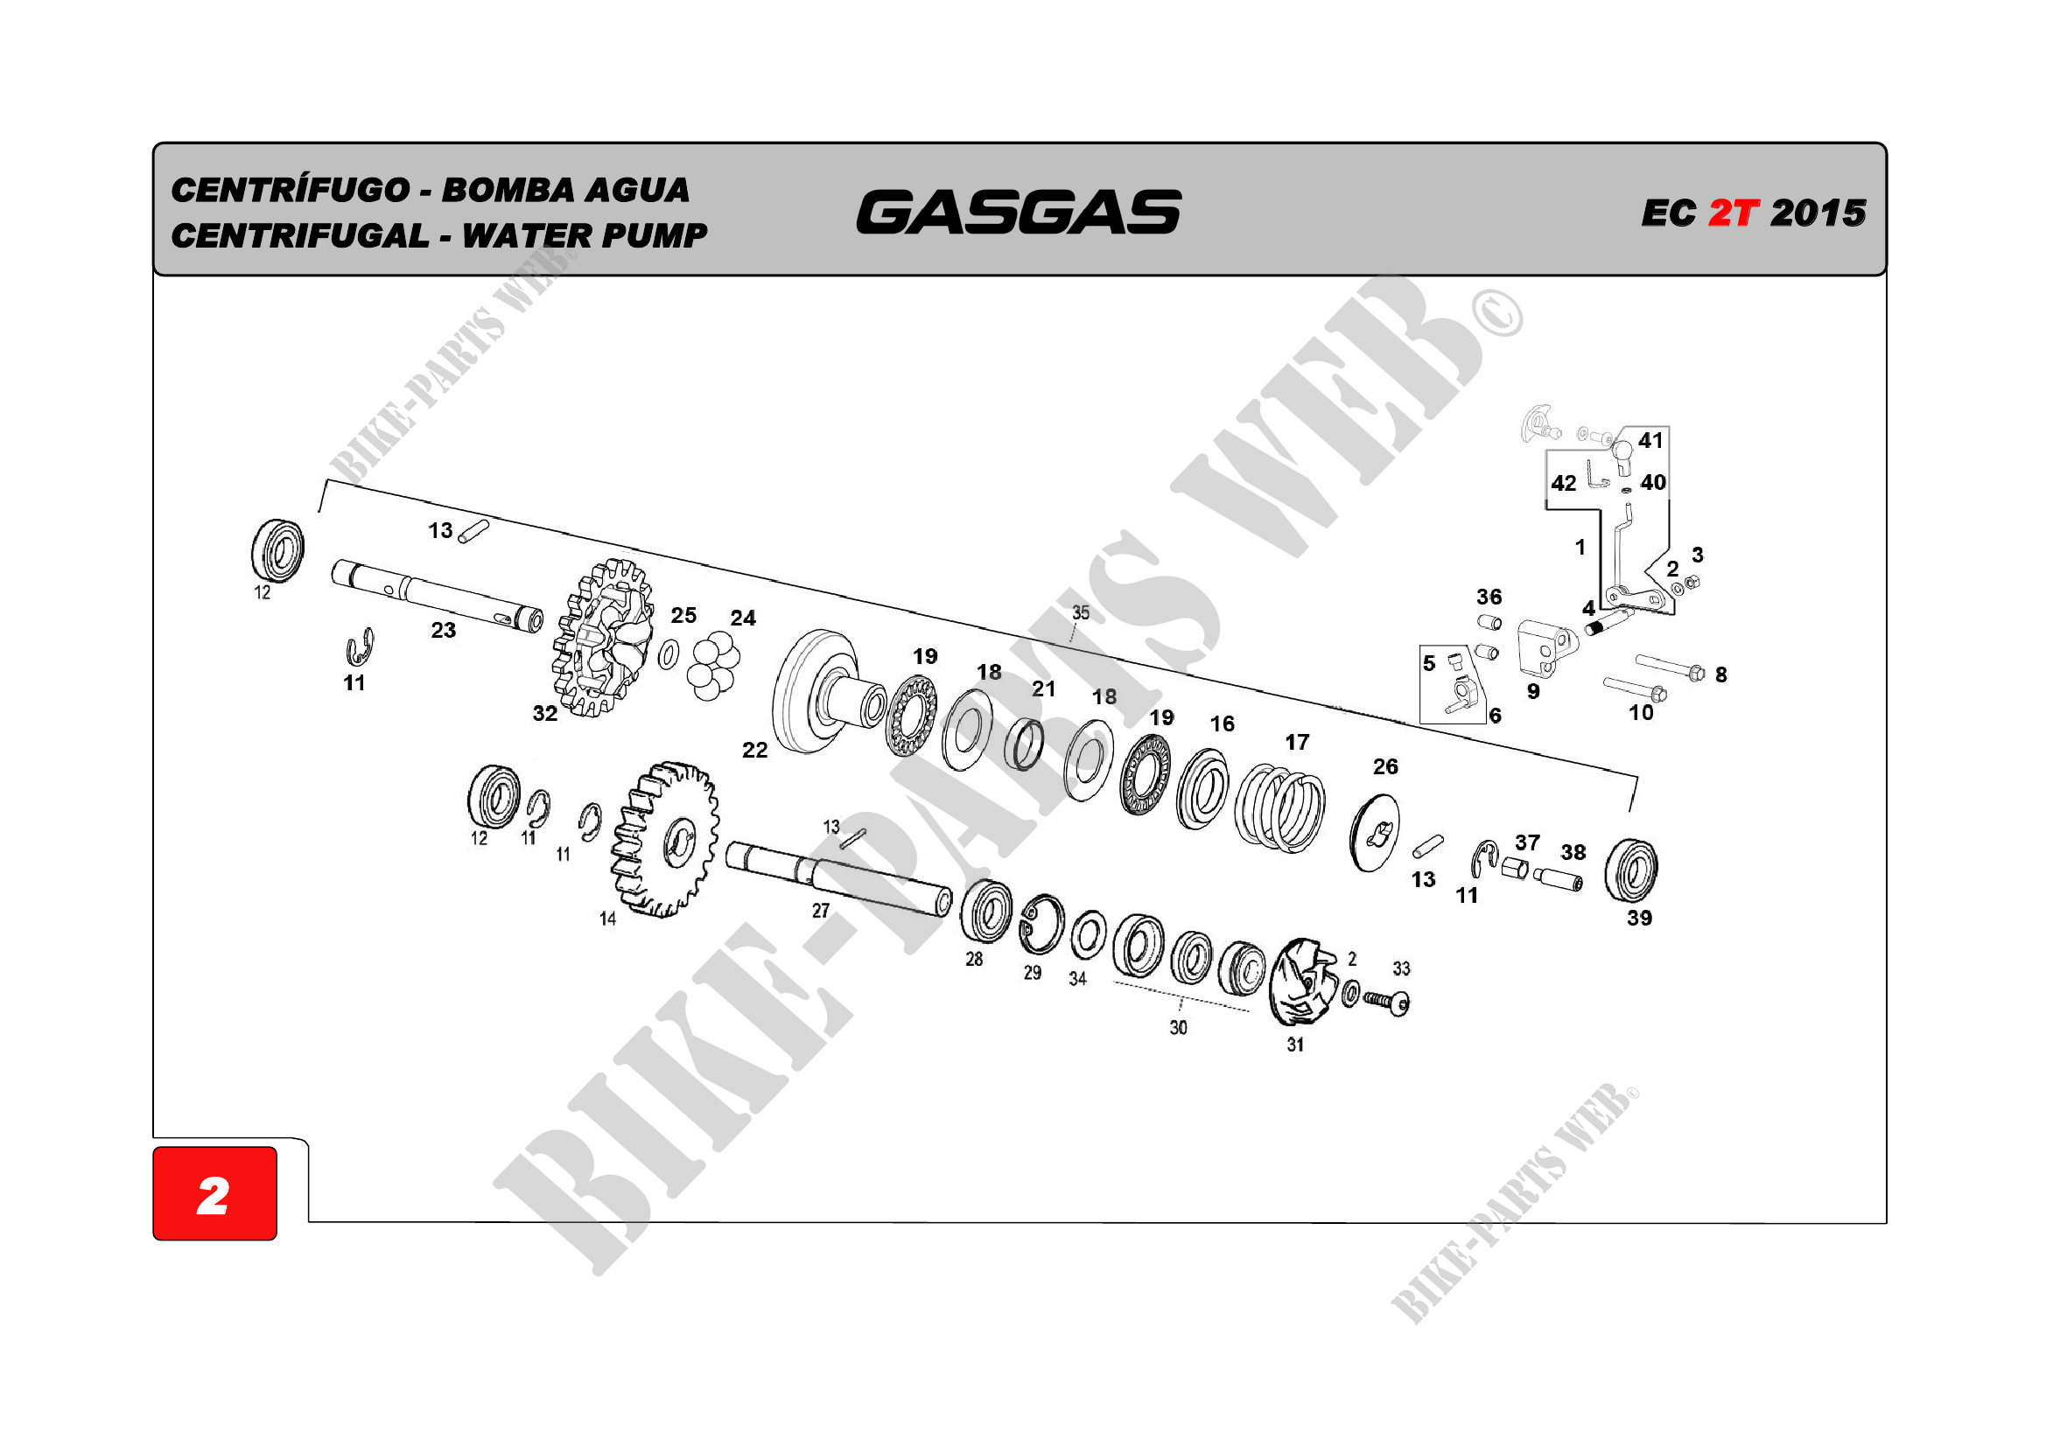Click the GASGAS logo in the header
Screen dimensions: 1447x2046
(x=1018, y=212)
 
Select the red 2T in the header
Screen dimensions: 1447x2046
(x=1733, y=213)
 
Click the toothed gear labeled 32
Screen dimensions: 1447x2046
(x=604, y=638)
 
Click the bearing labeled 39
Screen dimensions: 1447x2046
(x=1630, y=870)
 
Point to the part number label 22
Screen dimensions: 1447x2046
(x=753, y=751)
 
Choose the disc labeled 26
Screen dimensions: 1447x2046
(x=1374, y=834)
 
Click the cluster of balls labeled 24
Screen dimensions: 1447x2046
(x=713, y=666)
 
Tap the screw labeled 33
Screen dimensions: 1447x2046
(x=1386, y=1002)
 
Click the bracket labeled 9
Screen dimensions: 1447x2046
(x=1545, y=647)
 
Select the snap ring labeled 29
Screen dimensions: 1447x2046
(x=1041, y=923)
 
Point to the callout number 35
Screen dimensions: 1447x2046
(x=1080, y=613)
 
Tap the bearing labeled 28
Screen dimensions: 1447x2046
(x=985, y=910)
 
